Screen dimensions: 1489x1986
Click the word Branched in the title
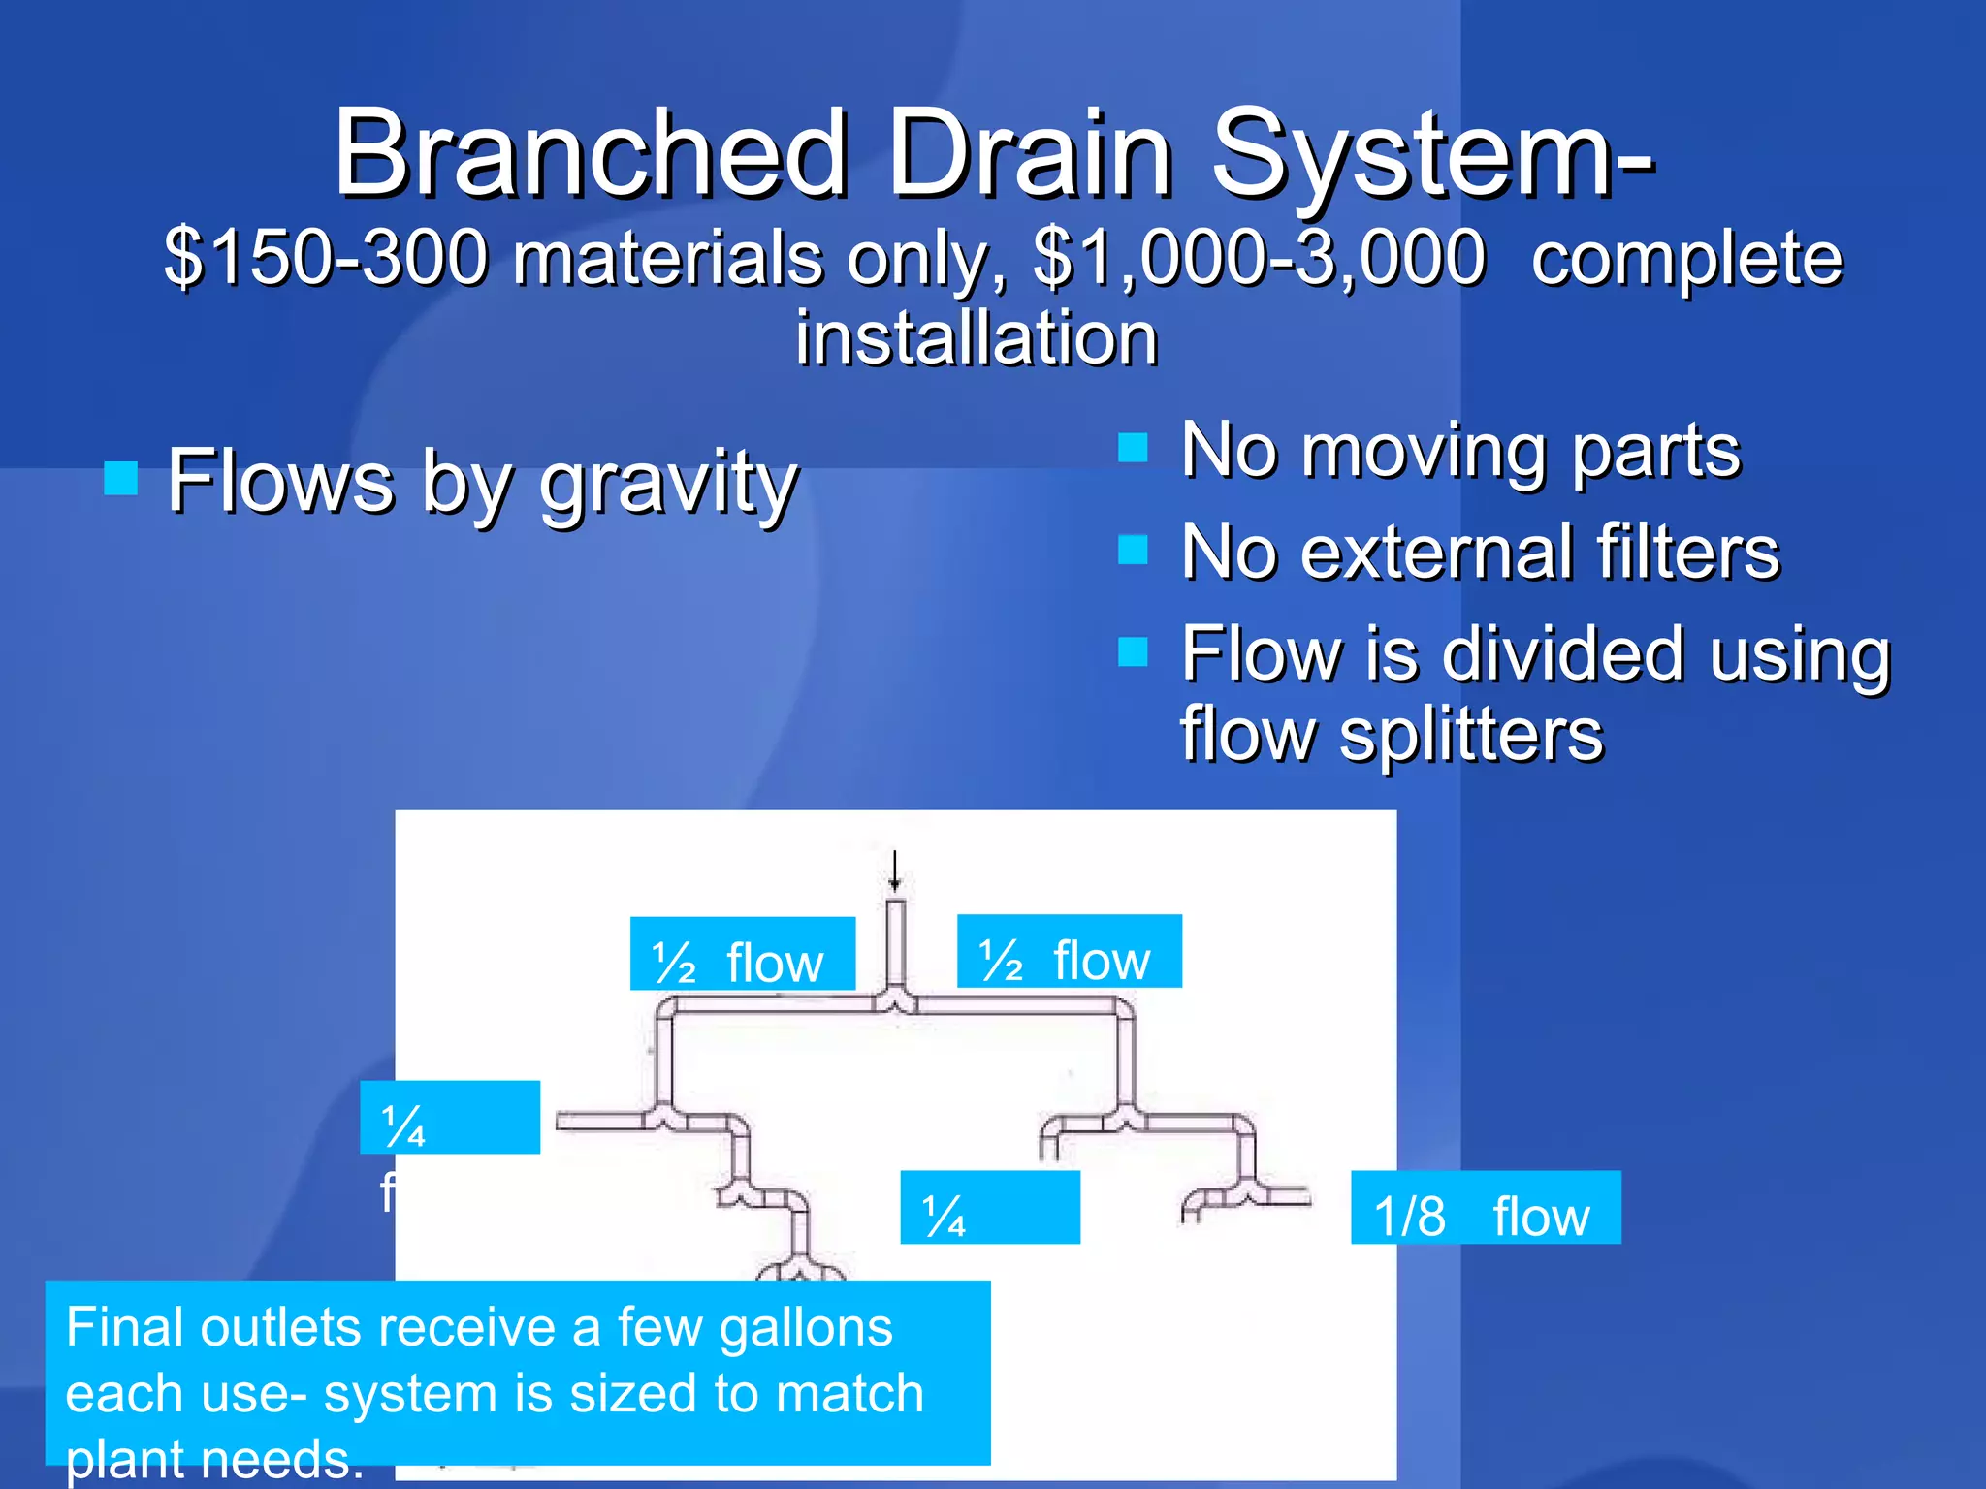pyautogui.click(x=591, y=153)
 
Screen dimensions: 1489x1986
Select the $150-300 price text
pyautogui.click(x=326, y=258)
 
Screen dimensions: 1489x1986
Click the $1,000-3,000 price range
pyautogui.click(x=1259, y=258)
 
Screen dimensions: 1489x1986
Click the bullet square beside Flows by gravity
pyautogui.click(x=120, y=478)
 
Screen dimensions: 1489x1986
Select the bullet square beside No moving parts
pyautogui.click(x=1132, y=448)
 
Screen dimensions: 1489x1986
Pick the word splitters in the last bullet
pyautogui.click(x=1471, y=734)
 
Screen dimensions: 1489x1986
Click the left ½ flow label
pyautogui.click(x=742, y=954)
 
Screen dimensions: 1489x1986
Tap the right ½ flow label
pyautogui.click(x=1069, y=951)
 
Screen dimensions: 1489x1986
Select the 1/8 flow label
pyautogui.click(x=1485, y=1208)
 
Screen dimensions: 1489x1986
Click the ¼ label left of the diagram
pyautogui.click(x=449, y=1118)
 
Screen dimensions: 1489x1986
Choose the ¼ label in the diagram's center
pyautogui.click(x=989, y=1208)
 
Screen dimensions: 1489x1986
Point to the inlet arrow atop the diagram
pyautogui.click(x=894, y=871)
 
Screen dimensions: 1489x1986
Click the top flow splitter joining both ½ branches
pyautogui.click(x=895, y=1000)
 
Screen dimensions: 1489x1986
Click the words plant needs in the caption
pyautogui.click(x=213, y=1459)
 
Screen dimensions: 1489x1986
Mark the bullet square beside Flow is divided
pyautogui.click(x=1132, y=651)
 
